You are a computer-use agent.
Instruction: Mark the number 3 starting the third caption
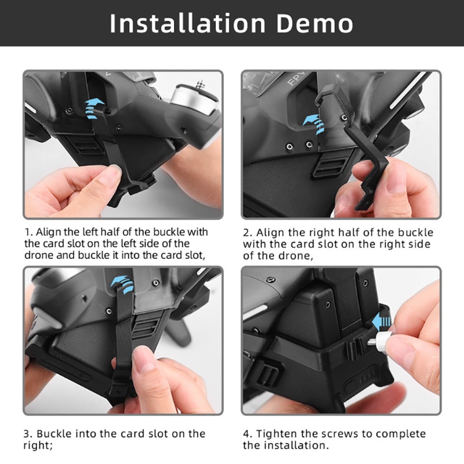[x=27, y=434]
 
